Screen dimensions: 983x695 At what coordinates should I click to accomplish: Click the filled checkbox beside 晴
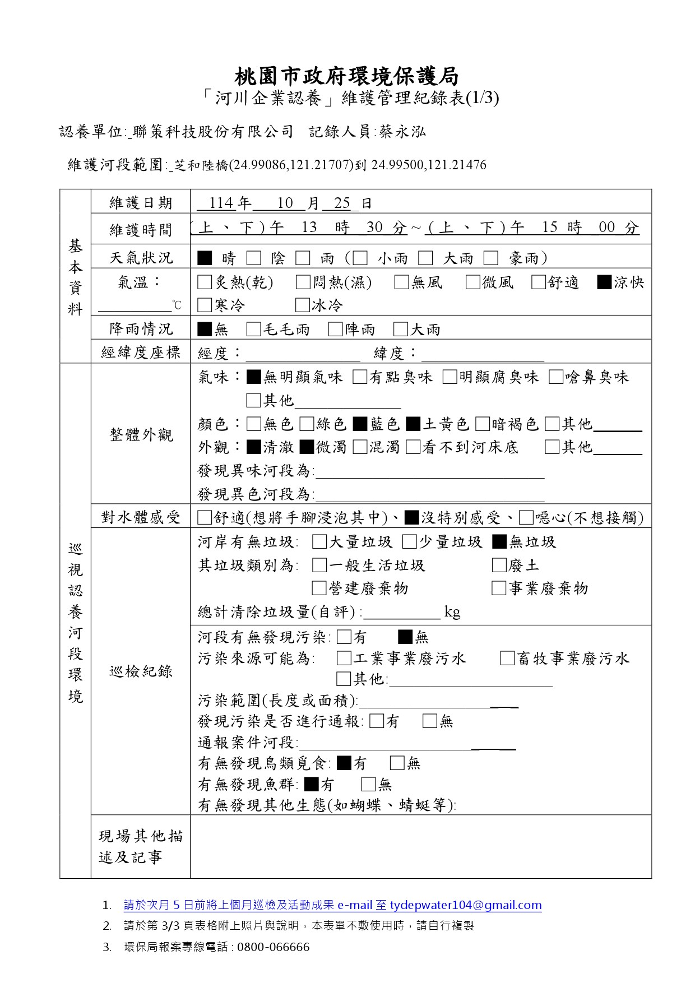[205, 258]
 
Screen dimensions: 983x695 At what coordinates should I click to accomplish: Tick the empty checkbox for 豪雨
[491, 258]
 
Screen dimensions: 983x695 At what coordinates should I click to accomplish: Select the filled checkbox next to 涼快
[604, 282]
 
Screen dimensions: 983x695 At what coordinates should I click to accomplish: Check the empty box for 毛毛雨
[253, 329]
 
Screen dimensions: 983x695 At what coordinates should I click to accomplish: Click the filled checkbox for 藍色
[360, 424]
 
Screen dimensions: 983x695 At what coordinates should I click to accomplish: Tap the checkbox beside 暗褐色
[482, 424]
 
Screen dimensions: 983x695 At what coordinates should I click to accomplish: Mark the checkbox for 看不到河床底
[413, 447]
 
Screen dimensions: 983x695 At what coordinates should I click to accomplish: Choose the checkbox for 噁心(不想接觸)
[526, 517]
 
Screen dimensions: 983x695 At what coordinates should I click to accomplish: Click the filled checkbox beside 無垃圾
[499, 542]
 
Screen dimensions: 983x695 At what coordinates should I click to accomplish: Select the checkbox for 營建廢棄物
[319, 588]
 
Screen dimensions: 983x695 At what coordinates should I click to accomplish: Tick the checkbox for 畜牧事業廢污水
[507, 658]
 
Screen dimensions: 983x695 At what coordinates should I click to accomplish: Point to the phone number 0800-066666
[273, 947]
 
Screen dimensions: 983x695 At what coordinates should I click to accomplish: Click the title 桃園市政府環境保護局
[346, 76]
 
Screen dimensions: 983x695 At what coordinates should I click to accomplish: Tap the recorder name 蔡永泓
[402, 132]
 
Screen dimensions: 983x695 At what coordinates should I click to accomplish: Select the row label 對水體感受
[141, 517]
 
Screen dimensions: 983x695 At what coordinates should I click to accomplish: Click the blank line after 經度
[303, 354]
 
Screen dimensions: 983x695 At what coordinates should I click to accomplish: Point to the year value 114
[221, 203]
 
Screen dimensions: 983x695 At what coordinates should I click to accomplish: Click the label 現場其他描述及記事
[141, 846]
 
